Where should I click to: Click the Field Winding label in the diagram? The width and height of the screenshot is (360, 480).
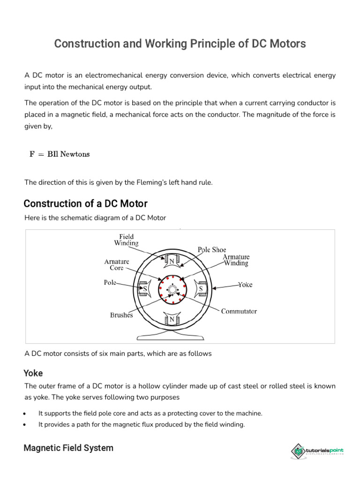point(126,240)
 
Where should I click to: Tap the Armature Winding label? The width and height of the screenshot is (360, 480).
point(236,260)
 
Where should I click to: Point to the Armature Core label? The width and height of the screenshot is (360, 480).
point(117,264)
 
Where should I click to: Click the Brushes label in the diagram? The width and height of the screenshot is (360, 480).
point(121,315)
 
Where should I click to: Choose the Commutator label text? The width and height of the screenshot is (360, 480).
point(239,311)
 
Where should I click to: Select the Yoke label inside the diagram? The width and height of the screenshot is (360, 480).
point(245,285)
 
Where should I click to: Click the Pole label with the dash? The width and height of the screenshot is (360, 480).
point(110,283)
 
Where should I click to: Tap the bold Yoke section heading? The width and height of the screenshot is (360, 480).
point(33,373)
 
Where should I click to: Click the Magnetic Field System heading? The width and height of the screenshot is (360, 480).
point(68,448)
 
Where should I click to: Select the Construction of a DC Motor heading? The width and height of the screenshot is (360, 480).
point(85,203)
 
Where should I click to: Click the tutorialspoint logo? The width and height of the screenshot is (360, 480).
point(317,450)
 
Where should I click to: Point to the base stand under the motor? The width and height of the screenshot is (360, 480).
point(170,336)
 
